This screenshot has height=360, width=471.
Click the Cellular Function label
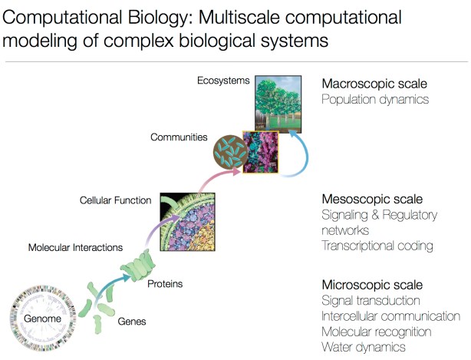tap(115, 200)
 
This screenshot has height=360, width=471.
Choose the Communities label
tap(179, 137)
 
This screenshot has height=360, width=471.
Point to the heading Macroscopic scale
tap(374, 83)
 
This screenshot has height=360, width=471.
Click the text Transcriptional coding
tap(378, 246)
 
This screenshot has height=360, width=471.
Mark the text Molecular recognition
tap(377, 332)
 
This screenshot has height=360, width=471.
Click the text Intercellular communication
tap(391, 316)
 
